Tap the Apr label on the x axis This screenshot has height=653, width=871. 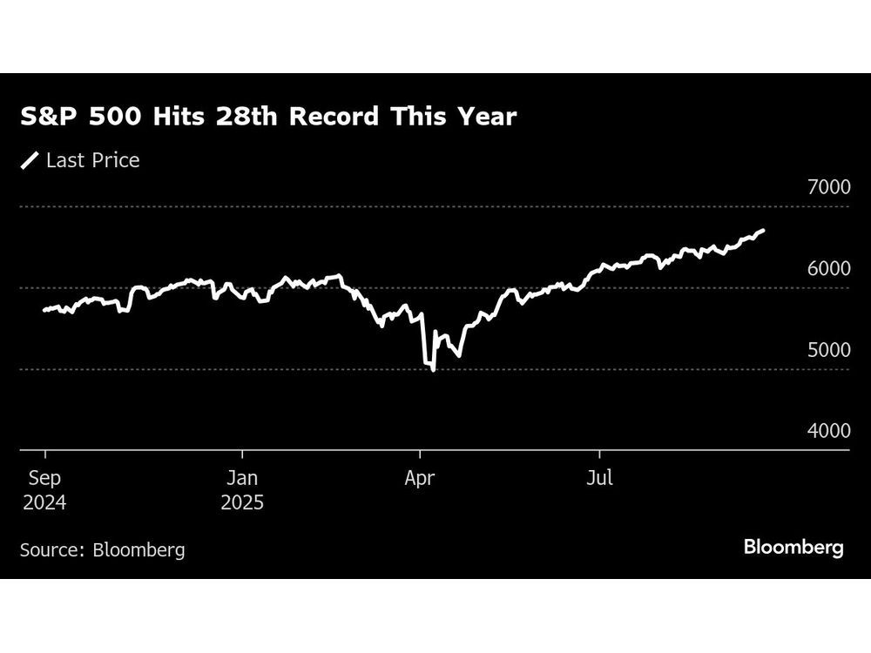point(419,479)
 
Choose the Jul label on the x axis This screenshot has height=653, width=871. point(598,479)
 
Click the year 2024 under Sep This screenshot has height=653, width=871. point(44,503)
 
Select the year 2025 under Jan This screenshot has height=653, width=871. point(242,503)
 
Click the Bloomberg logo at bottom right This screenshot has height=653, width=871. point(793,548)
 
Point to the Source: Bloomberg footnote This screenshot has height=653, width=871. point(103,549)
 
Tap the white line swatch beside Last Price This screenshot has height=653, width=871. point(30,160)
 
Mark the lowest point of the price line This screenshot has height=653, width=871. point(433,370)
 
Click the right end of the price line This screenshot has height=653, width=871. point(764,230)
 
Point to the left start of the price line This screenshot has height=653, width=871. point(44,310)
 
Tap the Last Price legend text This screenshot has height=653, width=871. point(92,160)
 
